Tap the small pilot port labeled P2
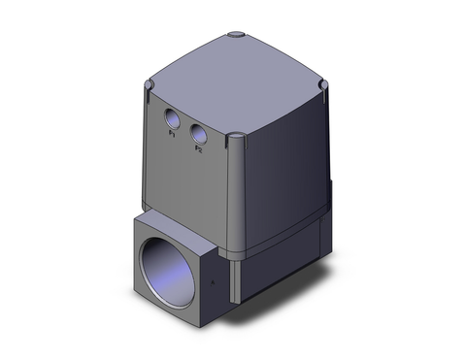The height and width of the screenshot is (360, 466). (199, 134)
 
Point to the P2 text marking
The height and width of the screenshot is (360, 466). (198, 148)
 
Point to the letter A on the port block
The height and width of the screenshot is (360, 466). (213, 286)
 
